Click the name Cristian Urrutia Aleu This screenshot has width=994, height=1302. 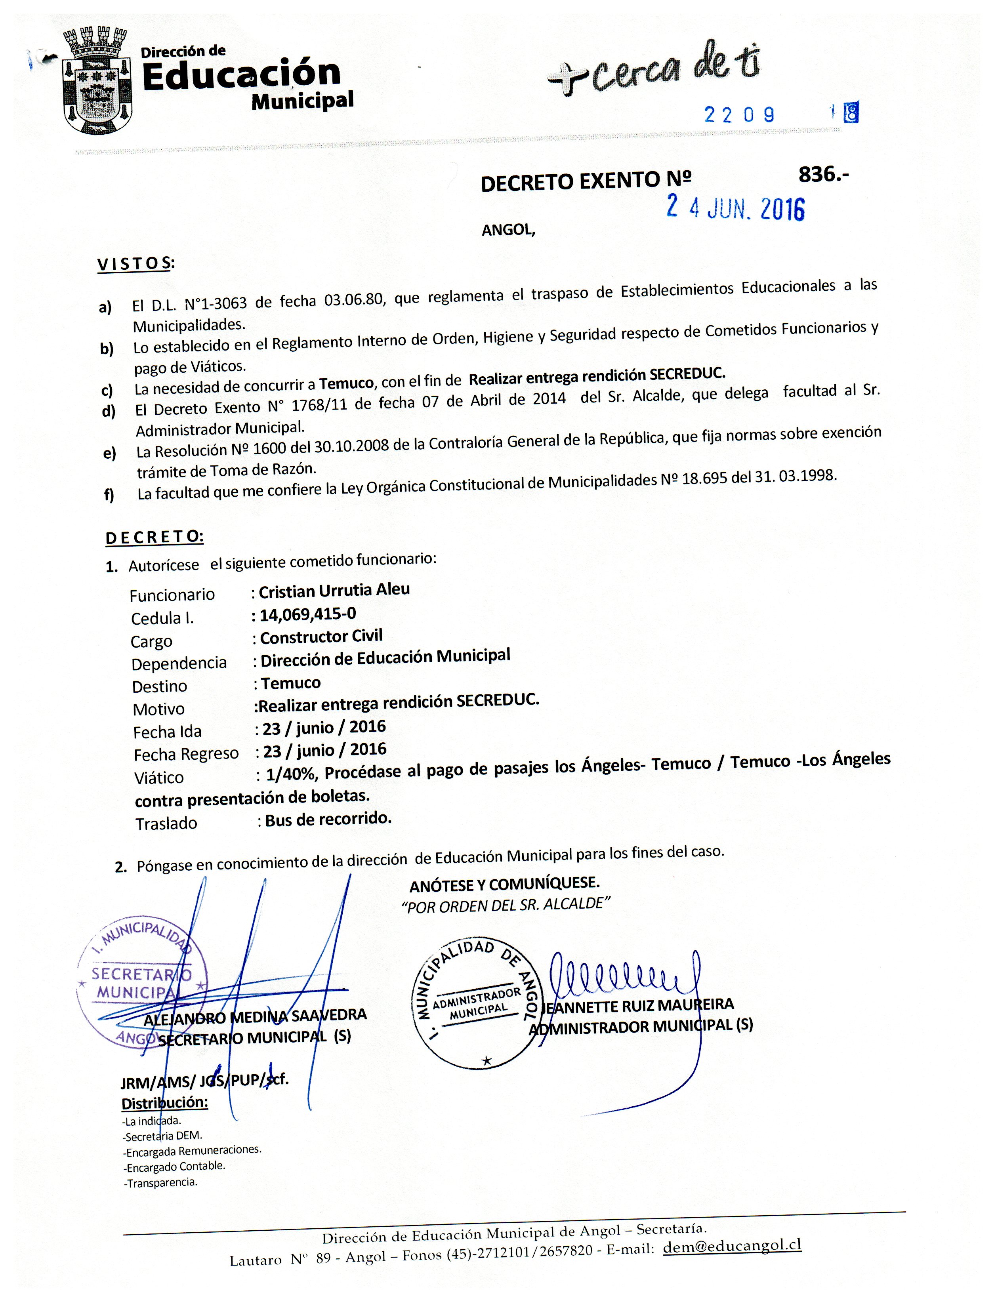click(334, 590)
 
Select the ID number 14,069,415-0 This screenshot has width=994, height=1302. click(308, 614)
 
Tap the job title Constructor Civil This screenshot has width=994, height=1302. click(321, 637)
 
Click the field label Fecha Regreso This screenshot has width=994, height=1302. click(186, 754)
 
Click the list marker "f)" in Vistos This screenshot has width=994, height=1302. click(109, 494)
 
